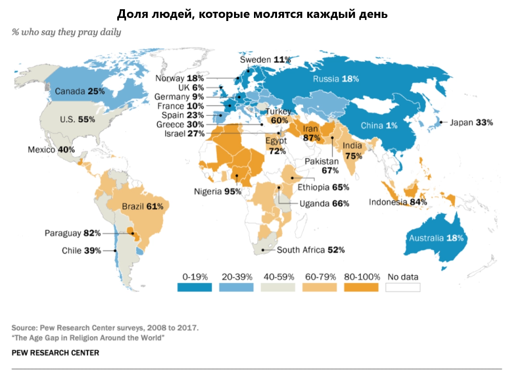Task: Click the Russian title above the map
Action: pos(252,14)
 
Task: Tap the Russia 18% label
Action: pos(336,79)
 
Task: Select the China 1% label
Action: pos(379,126)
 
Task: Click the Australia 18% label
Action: pos(436,238)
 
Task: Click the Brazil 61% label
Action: pos(142,206)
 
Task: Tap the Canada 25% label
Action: pos(79,91)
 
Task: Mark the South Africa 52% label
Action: pos(311,250)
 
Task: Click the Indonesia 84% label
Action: pos(398,202)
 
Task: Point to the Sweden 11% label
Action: pos(265,59)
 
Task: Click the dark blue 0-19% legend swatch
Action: pos(195,287)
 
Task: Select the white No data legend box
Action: pos(403,287)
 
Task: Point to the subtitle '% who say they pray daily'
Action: pos(67,32)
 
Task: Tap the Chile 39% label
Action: pos(81,251)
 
